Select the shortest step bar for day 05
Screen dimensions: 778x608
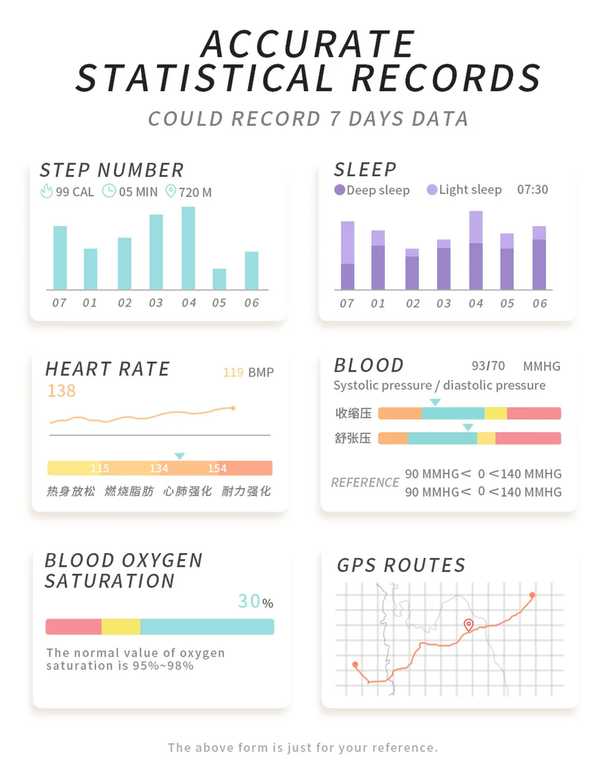(219, 279)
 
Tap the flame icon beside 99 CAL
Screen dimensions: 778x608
(46, 191)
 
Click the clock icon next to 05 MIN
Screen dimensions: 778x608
(109, 191)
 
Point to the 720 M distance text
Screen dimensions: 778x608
(195, 192)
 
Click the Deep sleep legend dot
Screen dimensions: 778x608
(340, 190)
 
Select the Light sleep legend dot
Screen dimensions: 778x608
(432, 190)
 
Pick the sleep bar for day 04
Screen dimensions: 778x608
(476, 250)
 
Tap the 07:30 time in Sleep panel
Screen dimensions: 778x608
(533, 190)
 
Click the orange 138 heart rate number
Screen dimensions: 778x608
(62, 391)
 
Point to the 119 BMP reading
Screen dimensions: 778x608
(248, 373)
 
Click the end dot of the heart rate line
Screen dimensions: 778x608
(233, 408)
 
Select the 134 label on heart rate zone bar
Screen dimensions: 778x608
(159, 469)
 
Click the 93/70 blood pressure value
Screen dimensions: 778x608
(488, 366)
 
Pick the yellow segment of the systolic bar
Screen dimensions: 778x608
(496, 414)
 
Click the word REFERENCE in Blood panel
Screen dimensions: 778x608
(365, 483)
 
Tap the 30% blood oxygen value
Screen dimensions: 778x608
(255, 602)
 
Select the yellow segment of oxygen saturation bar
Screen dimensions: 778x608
(121, 627)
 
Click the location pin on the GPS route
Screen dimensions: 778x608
(468, 624)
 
